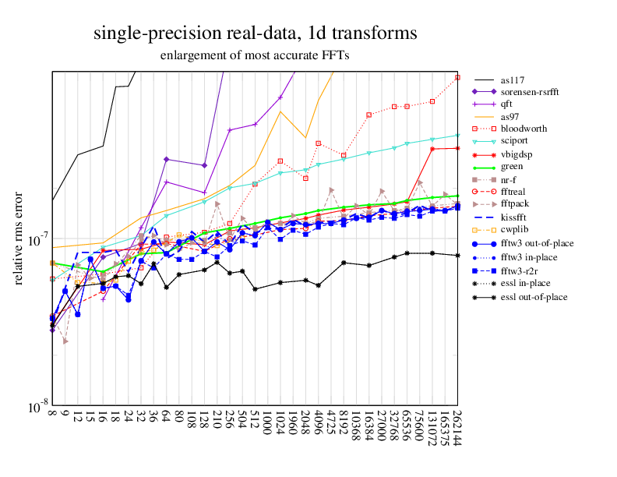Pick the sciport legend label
[x=517, y=141]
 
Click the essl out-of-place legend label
[x=534, y=297]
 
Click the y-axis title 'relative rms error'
[x=19, y=238]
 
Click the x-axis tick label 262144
[x=458, y=429]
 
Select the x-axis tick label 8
[x=52, y=415]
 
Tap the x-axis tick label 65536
[x=407, y=426]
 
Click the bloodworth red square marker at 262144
[x=458, y=77]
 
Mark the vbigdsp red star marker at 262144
[x=458, y=147]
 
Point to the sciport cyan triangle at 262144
[x=458, y=135]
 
